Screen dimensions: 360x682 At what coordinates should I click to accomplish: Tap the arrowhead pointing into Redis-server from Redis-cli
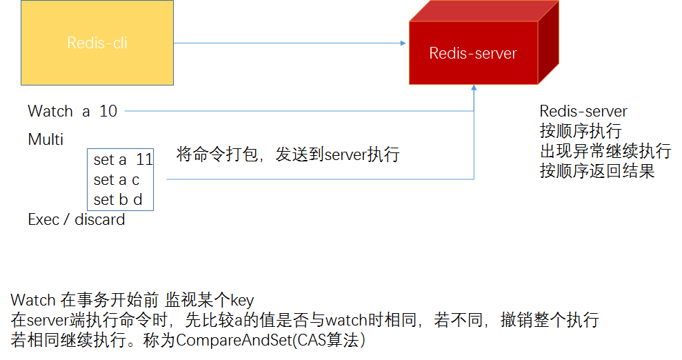tap(403, 43)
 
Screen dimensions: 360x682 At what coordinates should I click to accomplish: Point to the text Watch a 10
tap(72, 111)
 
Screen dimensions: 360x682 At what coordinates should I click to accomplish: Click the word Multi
tap(46, 140)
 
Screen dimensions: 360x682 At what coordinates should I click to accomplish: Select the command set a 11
tap(123, 160)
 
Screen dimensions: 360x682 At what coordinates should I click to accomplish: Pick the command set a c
tap(117, 180)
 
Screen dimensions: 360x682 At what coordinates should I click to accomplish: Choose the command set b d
tap(118, 200)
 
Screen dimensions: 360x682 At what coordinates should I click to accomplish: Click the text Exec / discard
tap(76, 220)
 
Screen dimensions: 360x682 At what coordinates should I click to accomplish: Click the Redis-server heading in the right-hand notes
tap(583, 112)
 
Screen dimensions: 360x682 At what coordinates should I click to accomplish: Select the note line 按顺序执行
tap(581, 131)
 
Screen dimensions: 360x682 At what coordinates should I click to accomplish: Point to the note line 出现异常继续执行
tap(605, 151)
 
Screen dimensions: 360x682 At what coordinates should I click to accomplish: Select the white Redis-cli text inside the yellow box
tap(97, 43)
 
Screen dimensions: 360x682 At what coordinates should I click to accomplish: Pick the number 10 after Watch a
tap(108, 111)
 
